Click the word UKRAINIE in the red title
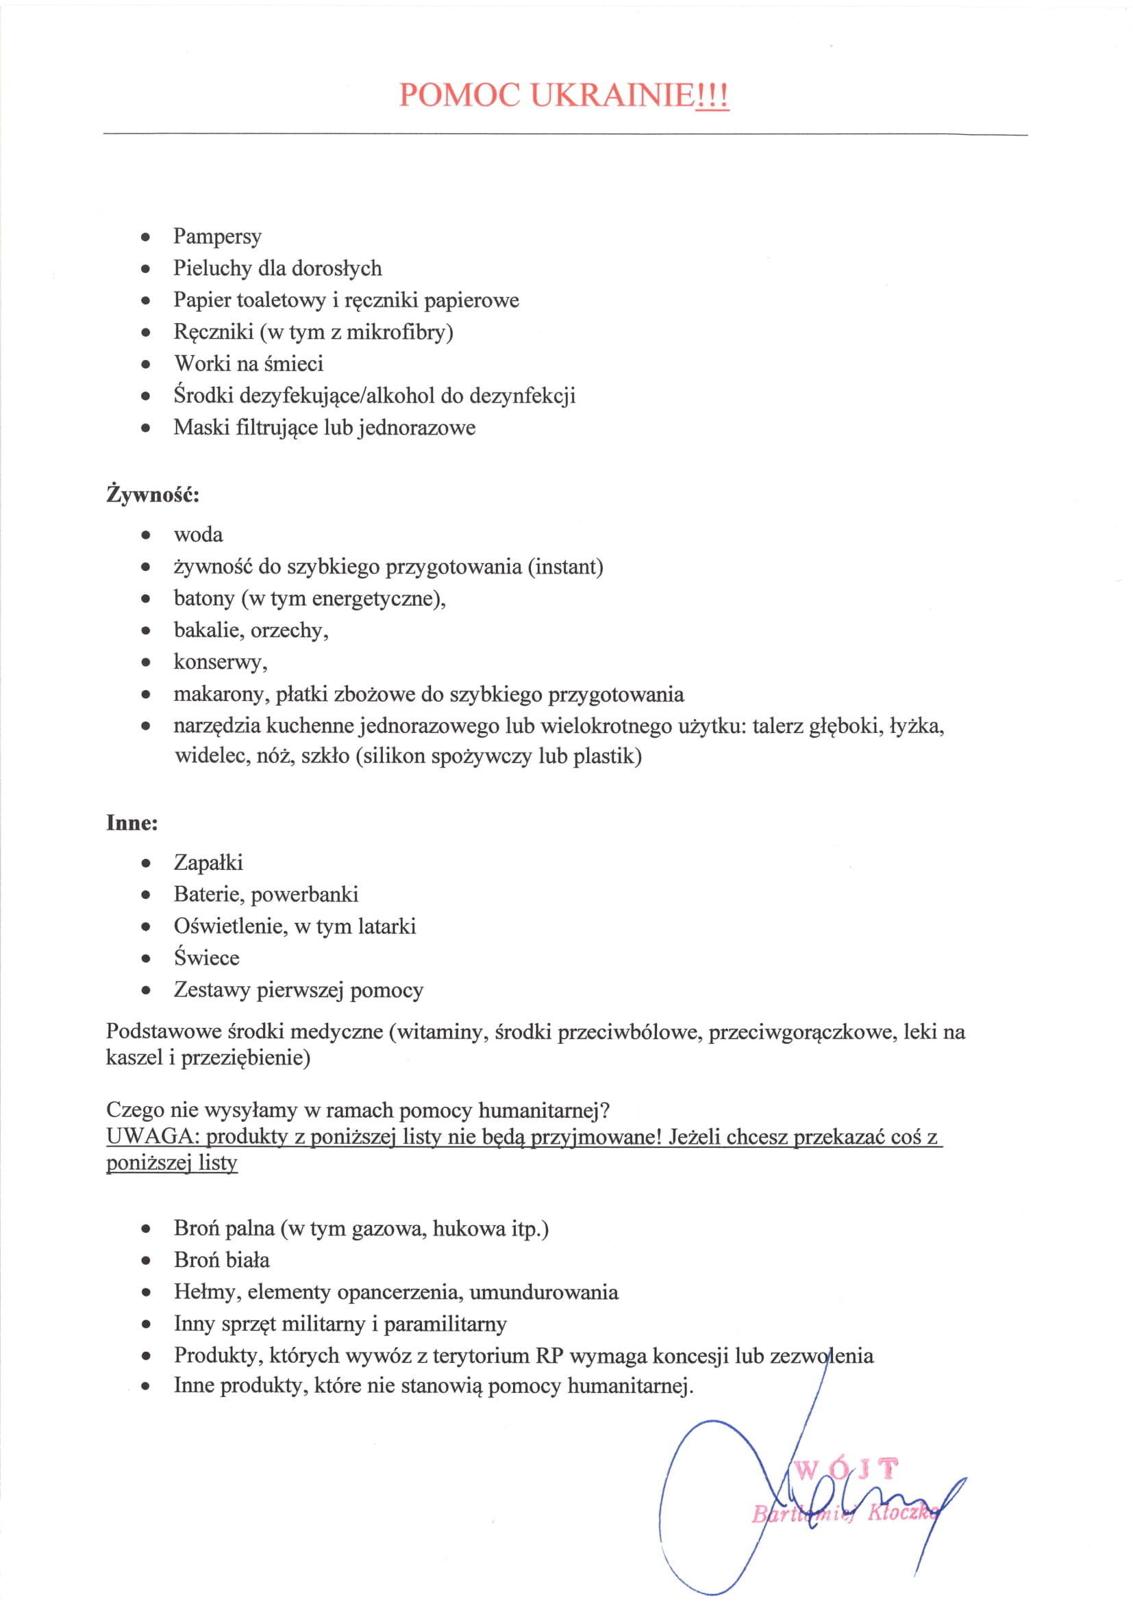click(x=612, y=95)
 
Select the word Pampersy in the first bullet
click(x=217, y=236)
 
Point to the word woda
click(x=198, y=535)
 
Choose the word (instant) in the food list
click(x=565, y=566)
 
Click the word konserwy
click(x=219, y=662)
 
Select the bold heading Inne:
click(x=132, y=823)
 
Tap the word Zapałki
click(x=208, y=862)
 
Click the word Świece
click(x=206, y=958)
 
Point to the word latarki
click(x=386, y=926)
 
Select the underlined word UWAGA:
click(x=153, y=1137)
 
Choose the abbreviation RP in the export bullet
click(x=550, y=1355)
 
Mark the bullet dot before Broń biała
click(x=146, y=1261)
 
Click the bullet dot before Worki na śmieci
click(x=146, y=364)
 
